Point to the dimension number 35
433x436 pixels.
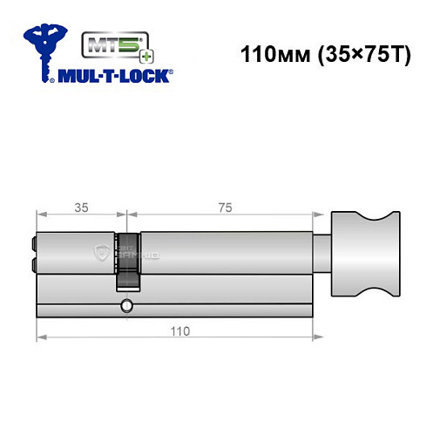pos(81,208)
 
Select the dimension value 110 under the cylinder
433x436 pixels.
pos(178,331)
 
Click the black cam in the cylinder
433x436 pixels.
pos(128,260)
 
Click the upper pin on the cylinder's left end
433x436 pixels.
pos(34,243)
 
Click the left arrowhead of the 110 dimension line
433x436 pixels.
pos(40,337)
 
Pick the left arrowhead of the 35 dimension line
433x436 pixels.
pos(40,215)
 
